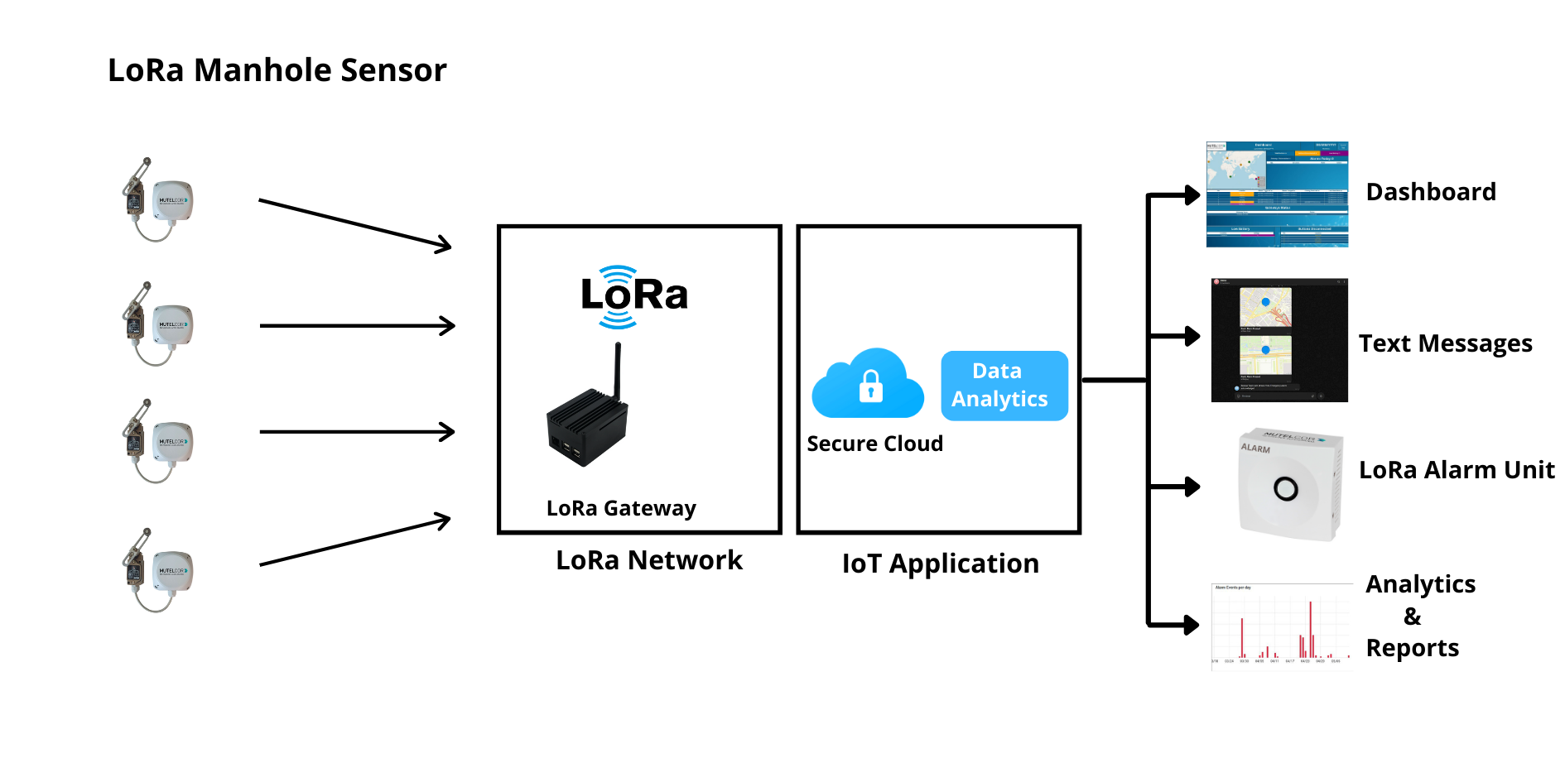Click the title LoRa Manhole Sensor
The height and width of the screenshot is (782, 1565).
(277, 70)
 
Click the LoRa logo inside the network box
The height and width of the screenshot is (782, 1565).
(634, 296)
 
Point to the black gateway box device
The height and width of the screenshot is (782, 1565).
(585, 429)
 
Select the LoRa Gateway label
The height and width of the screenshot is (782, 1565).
(621, 508)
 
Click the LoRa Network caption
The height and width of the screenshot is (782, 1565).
(649, 560)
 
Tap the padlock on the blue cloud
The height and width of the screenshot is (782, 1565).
(870, 386)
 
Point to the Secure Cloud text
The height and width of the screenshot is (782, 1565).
(874, 444)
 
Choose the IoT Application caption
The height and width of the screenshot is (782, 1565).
(940, 564)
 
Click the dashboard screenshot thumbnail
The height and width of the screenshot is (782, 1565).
(1277, 194)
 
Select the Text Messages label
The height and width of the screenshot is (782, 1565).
(1445, 343)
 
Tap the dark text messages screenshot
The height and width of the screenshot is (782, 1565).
(1279, 340)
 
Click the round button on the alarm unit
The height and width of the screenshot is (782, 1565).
(1285, 489)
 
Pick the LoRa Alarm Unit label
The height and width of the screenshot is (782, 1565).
(1457, 470)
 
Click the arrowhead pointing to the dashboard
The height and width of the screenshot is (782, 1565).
(1192, 195)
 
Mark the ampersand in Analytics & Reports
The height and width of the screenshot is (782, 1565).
(1413, 616)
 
